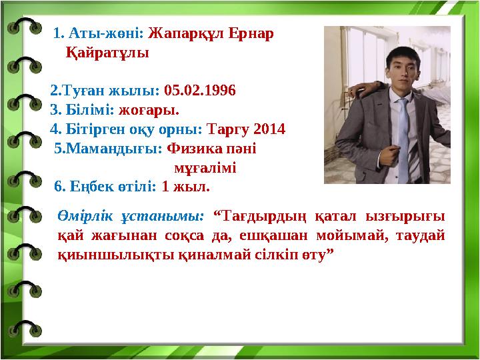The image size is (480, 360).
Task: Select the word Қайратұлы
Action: coord(107,53)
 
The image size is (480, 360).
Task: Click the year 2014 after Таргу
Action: coord(269,129)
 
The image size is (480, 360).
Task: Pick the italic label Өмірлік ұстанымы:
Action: coord(131,216)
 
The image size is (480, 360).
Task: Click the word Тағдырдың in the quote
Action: coord(266,216)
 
